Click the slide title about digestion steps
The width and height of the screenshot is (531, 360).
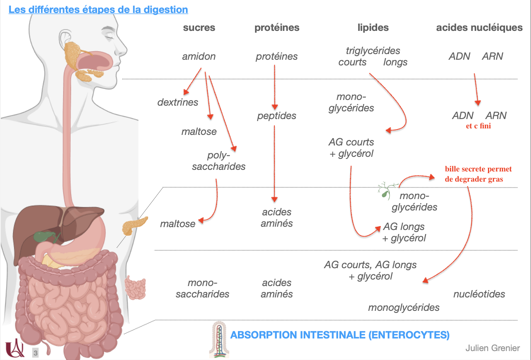[x=98, y=9]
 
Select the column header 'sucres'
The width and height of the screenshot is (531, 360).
[x=199, y=28]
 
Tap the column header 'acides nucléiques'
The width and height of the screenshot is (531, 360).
[x=479, y=28]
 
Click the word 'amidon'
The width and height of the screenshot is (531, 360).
[x=199, y=56]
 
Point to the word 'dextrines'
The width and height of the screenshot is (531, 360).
[x=178, y=102]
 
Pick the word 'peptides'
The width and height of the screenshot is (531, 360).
[x=276, y=116]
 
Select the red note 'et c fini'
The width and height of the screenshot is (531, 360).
[x=478, y=126]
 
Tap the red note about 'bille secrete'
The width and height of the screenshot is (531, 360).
[x=478, y=173]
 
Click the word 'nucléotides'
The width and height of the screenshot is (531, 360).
[x=479, y=294]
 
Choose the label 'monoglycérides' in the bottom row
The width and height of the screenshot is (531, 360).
[x=404, y=307]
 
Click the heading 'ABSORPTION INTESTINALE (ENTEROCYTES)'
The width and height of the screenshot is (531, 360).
[x=340, y=335]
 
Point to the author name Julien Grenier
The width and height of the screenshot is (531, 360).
[x=492, y=348]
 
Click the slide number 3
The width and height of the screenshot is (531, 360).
[x=36, y=353]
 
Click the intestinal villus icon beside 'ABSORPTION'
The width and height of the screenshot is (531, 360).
[x=219, y=338]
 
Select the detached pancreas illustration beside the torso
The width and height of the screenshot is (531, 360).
[x=134, y=226]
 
